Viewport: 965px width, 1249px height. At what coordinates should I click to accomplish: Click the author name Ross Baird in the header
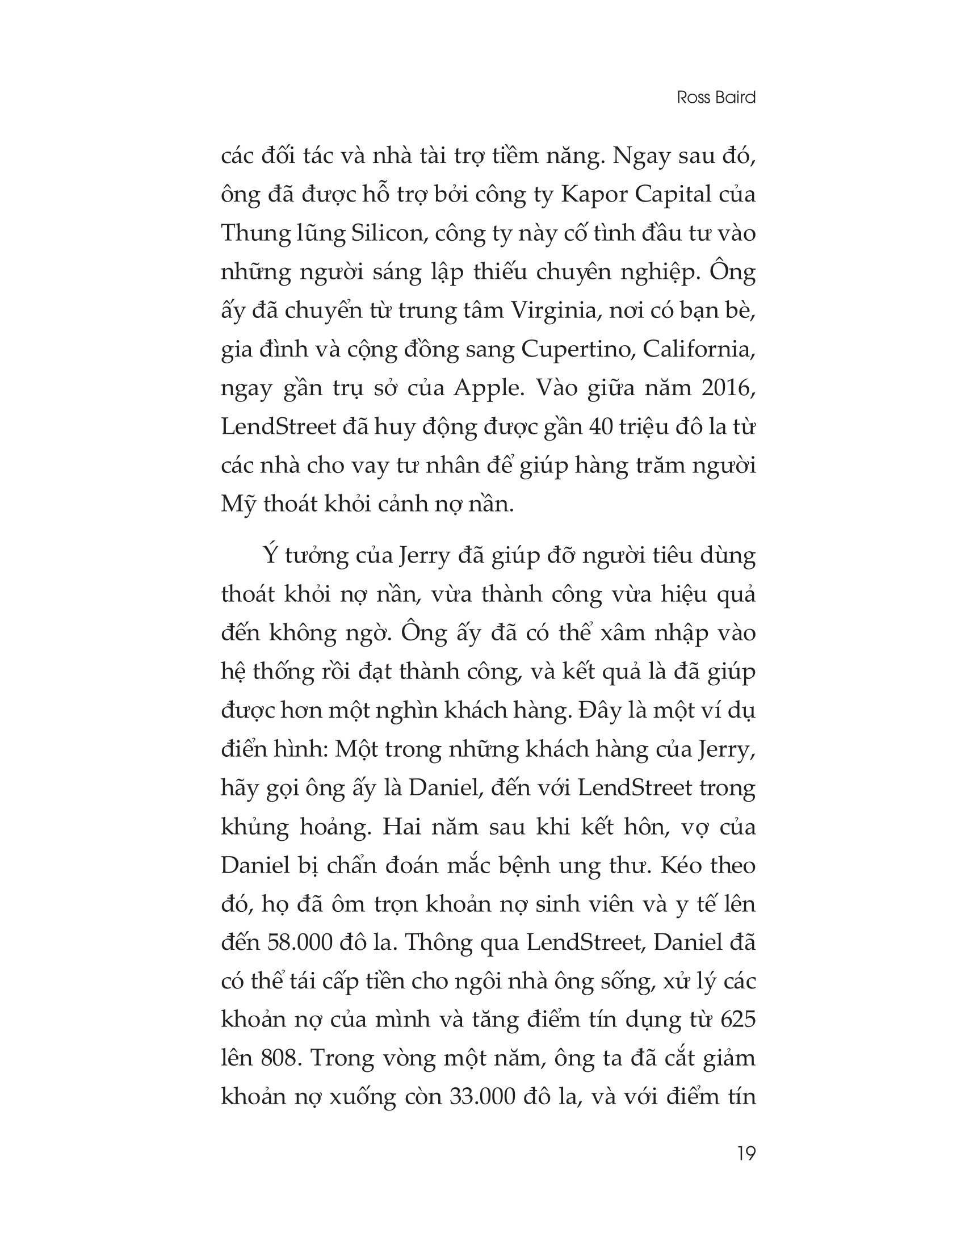[716, 97]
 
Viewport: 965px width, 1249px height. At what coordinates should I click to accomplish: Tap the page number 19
[746, 1153]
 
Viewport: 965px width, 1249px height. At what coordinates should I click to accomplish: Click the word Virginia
[552, 311]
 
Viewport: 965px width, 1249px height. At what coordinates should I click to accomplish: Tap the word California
[699, 349]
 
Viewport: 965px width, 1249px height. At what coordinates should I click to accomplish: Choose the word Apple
[488, 388]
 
